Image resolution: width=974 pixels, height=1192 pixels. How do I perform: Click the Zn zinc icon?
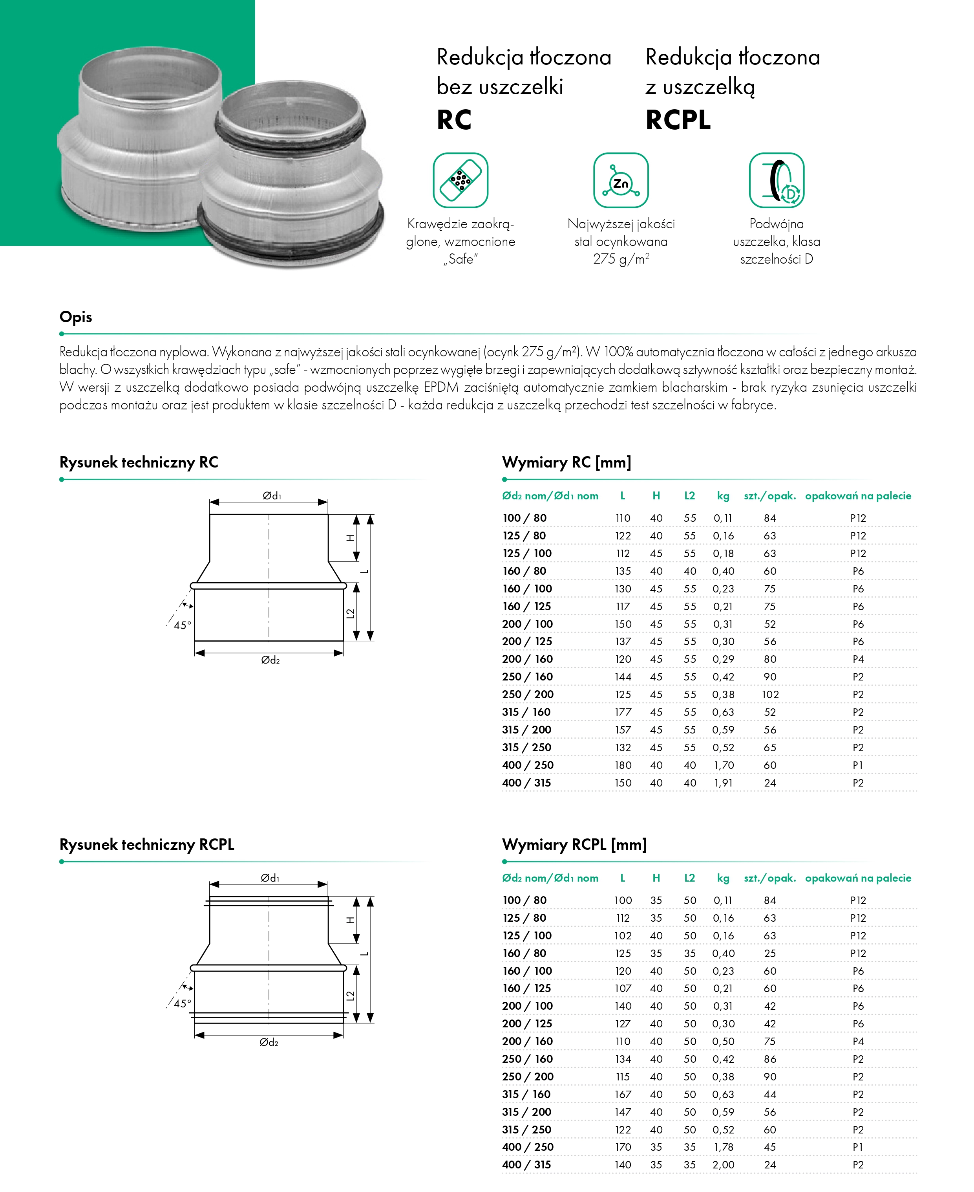(621, 181)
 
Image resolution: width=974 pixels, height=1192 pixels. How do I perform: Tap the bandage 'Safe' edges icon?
(460, 181)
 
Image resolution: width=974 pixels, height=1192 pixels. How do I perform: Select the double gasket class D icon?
(777, 181)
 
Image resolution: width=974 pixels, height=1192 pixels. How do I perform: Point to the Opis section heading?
(76, 317)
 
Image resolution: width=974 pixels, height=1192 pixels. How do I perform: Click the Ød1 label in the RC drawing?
(272, 496)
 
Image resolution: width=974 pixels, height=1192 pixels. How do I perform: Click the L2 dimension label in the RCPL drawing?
(351, 996)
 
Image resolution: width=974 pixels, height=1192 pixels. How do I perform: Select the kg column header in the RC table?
(723, 496)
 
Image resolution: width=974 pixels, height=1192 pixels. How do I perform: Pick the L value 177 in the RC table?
(623, 712)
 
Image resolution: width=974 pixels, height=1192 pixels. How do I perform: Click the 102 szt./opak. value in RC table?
(770, 695)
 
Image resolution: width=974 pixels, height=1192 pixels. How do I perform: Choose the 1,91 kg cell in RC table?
(723, 783)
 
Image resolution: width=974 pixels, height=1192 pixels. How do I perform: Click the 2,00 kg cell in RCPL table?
(723, 1165)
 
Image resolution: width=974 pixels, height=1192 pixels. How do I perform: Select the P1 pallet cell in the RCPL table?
(858, 1147)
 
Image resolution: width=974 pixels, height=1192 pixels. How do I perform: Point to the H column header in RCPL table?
(656, 878)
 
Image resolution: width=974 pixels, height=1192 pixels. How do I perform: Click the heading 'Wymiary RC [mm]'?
(566, 463)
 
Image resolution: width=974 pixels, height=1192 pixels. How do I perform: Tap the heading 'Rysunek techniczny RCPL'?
(147, 845)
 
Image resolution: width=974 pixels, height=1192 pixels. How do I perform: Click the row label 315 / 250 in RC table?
(527, 747)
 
